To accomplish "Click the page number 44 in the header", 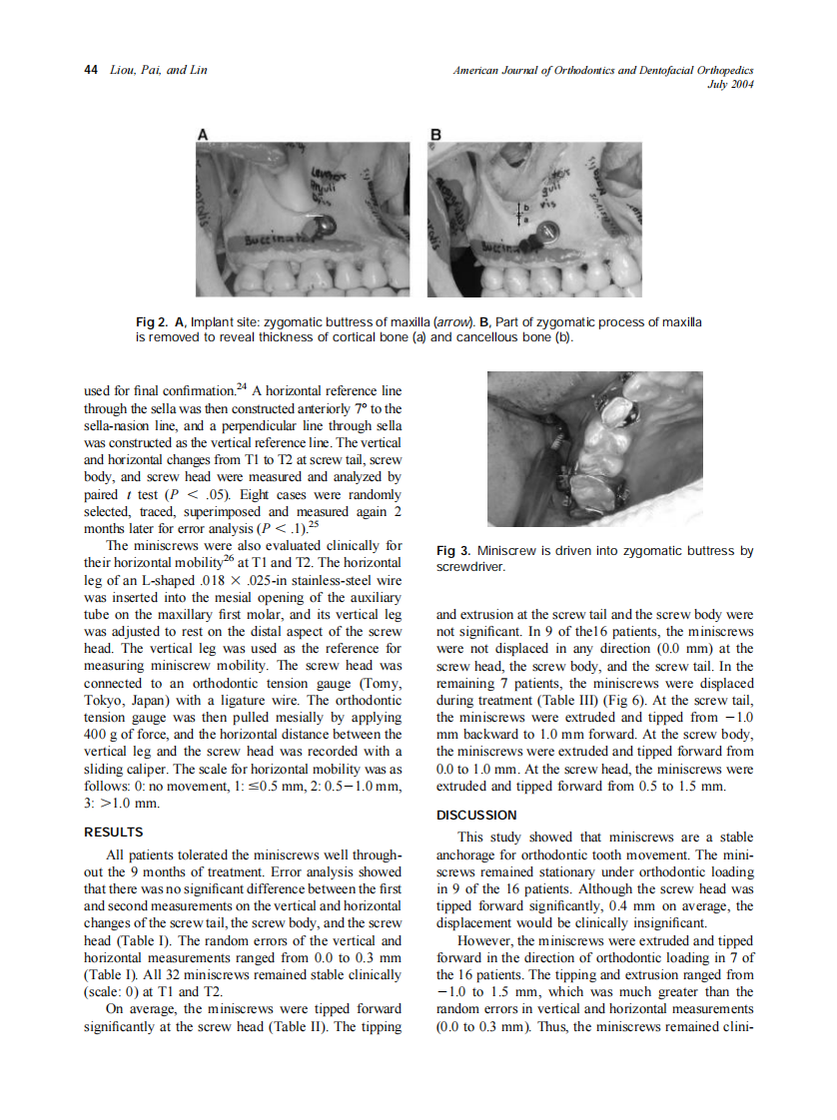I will click(x=90, y=70).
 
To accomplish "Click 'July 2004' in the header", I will click(x=729, y=84).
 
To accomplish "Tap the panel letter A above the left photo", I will click(x=204, y=133).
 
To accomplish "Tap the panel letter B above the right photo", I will click(x=435, y=133).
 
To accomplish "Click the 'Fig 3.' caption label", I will click(x=455, y=551).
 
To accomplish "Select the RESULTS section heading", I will click(x=114, y=832).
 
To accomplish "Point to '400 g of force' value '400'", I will click(x=98, y=735).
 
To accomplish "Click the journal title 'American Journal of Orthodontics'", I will click(x=559, y=70).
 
